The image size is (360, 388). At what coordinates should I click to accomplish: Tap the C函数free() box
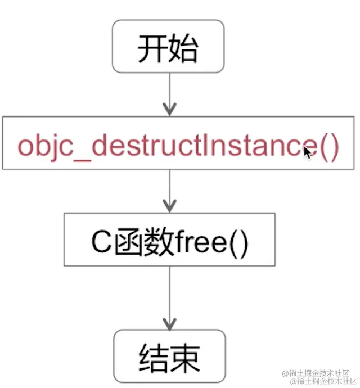pos(169,239)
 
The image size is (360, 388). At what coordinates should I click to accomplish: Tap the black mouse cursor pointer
pos(308,152)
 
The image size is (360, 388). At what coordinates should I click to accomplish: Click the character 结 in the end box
pos(154,357)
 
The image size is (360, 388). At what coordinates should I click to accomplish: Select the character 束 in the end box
pos(184,357)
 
